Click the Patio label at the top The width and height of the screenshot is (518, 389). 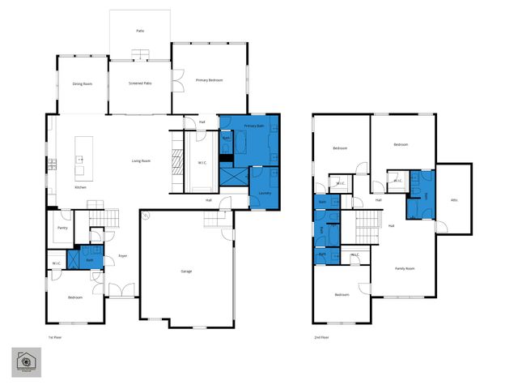[139, 32]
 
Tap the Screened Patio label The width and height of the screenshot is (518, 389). [141, 83]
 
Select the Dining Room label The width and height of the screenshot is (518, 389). [83, 83]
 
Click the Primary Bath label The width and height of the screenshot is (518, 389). [255, 126]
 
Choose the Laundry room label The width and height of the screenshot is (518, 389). [265, 193]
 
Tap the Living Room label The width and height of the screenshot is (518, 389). [141, 160]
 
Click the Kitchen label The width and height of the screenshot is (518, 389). [80, 187]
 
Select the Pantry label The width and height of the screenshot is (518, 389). [62, 228]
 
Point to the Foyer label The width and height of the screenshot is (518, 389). [123, 256]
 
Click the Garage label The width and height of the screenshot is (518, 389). [185, 271]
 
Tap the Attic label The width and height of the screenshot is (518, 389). [454, 199]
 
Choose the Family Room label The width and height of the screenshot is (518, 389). [405, 268]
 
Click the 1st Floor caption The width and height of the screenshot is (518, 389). [54, 336]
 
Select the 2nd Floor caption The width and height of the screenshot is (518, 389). [321, 336]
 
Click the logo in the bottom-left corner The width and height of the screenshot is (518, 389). [28, 363]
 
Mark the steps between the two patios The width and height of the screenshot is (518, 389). [141, 55]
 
